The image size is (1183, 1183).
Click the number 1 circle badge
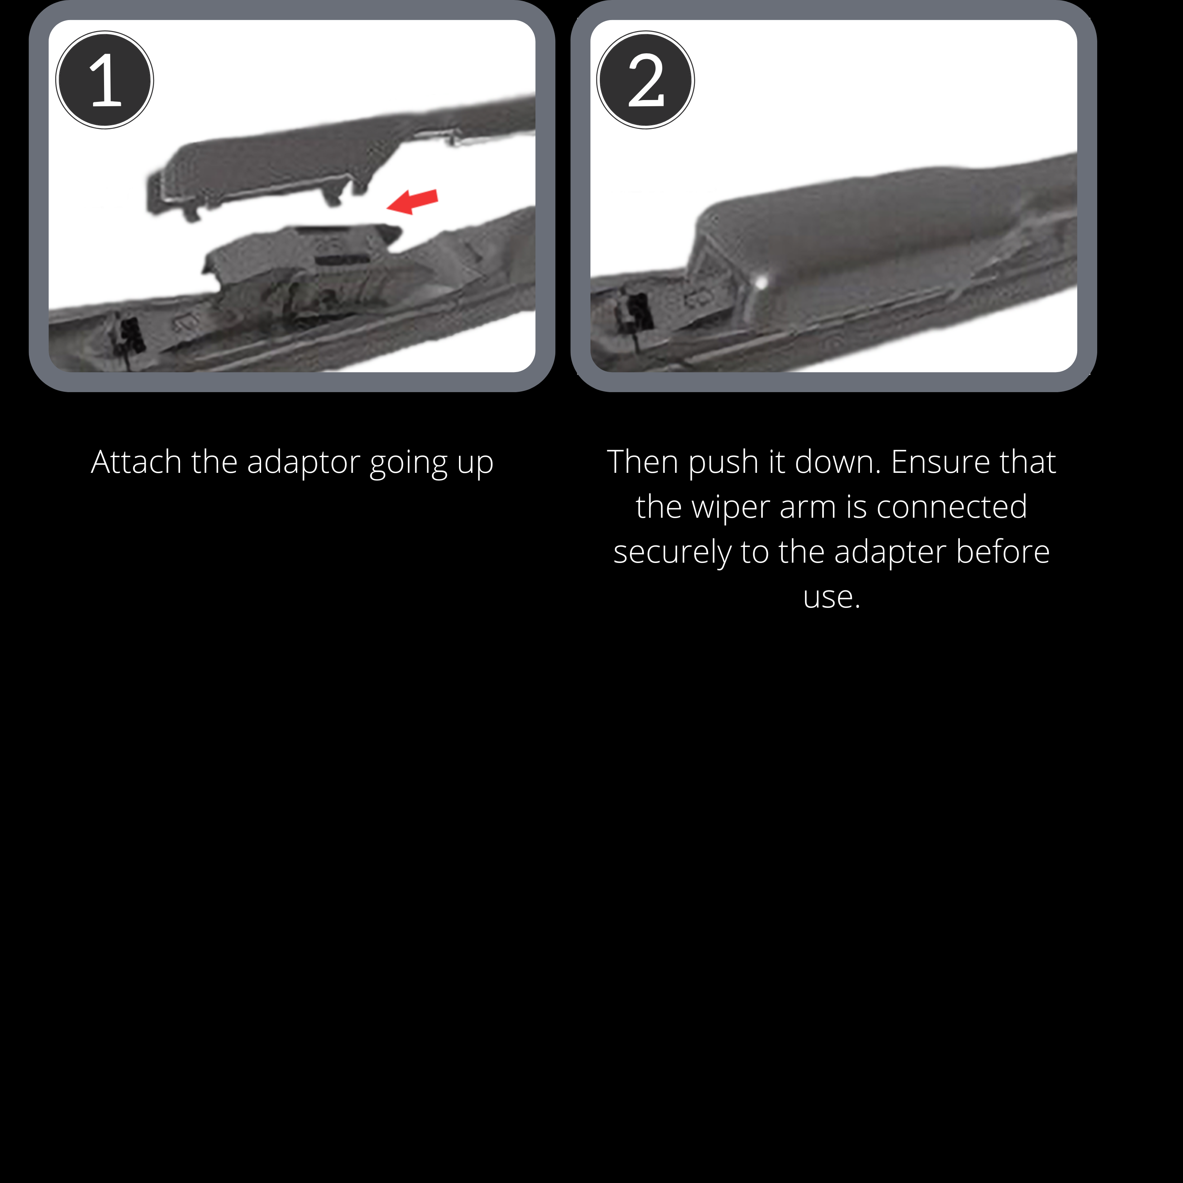(105, 80)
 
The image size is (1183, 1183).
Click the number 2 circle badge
(646, 80)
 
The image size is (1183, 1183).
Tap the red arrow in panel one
(413, 202)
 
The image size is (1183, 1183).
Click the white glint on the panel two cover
(761, 282)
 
